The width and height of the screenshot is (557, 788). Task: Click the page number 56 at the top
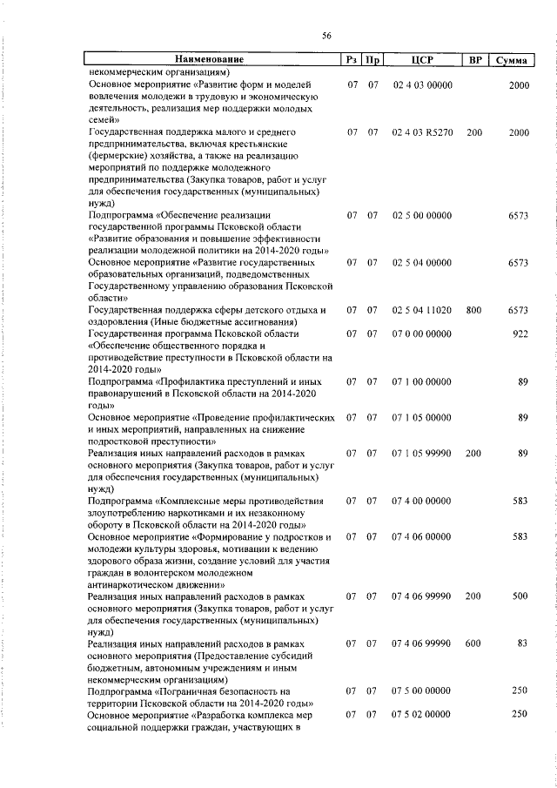pyautogui.click(x=326, y=36)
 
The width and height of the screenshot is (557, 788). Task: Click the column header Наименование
pyautogui.click(x=209, y=60)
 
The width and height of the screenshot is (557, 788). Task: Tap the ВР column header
pyautogui.click(x=474, y=60)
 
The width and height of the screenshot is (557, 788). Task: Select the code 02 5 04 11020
pyautogui.click(x=422, y=310)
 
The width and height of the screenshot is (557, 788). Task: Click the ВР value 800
pyautogui.click(x=474, y=310)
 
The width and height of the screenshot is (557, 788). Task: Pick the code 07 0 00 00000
pyautogui.click(x=422, y=333)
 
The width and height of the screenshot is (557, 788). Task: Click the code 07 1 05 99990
pyautogui.click(x=422, y=453)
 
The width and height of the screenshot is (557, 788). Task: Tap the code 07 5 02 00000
pyautogui.click(x=422, y=714)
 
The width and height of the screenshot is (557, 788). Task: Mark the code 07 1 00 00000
pyautogui.click(x=422, y=381)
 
